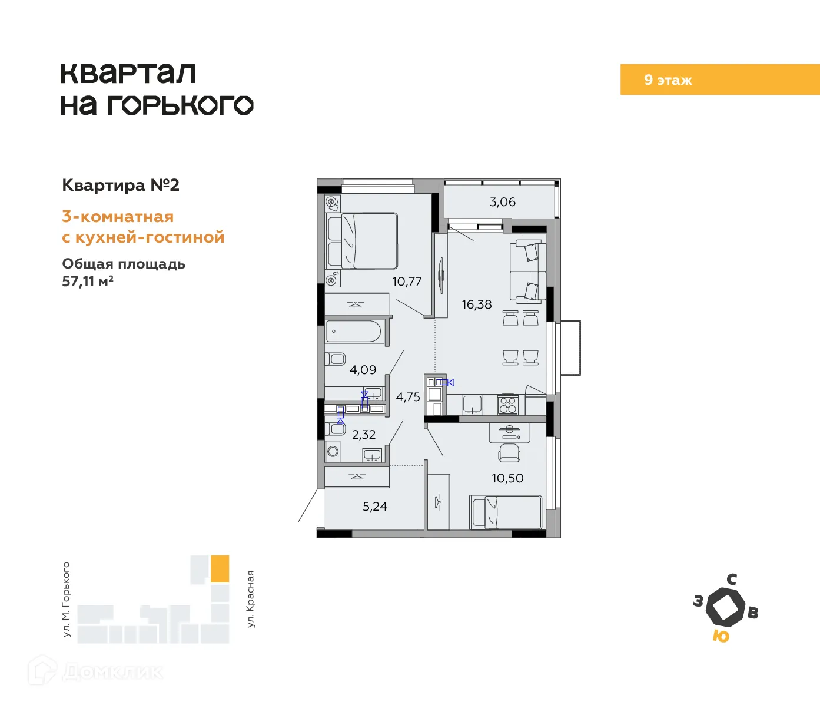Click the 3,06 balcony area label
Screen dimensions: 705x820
point(502,202)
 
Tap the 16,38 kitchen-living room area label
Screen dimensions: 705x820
point(476,304)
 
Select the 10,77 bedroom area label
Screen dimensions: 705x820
point(407,282)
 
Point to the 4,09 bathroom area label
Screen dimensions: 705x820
point(363,370)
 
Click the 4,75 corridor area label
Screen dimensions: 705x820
point(408,397)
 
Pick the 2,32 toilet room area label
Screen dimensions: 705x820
point(364,435)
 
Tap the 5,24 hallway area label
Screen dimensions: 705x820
point(375,507)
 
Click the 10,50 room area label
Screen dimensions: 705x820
point(507,478)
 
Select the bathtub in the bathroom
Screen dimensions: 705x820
point(355,332)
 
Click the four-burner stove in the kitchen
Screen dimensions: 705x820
point(508,405)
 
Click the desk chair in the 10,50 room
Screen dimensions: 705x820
point(509,453)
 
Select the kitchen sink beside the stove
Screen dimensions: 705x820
point(472,404)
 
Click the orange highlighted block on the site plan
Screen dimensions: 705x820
point(220,569)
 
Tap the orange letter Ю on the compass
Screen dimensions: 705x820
point(721,636)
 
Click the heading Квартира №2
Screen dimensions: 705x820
point(121,186)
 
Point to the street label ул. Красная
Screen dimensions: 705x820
point(251,598)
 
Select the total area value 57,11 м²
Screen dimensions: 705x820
point(88,282)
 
